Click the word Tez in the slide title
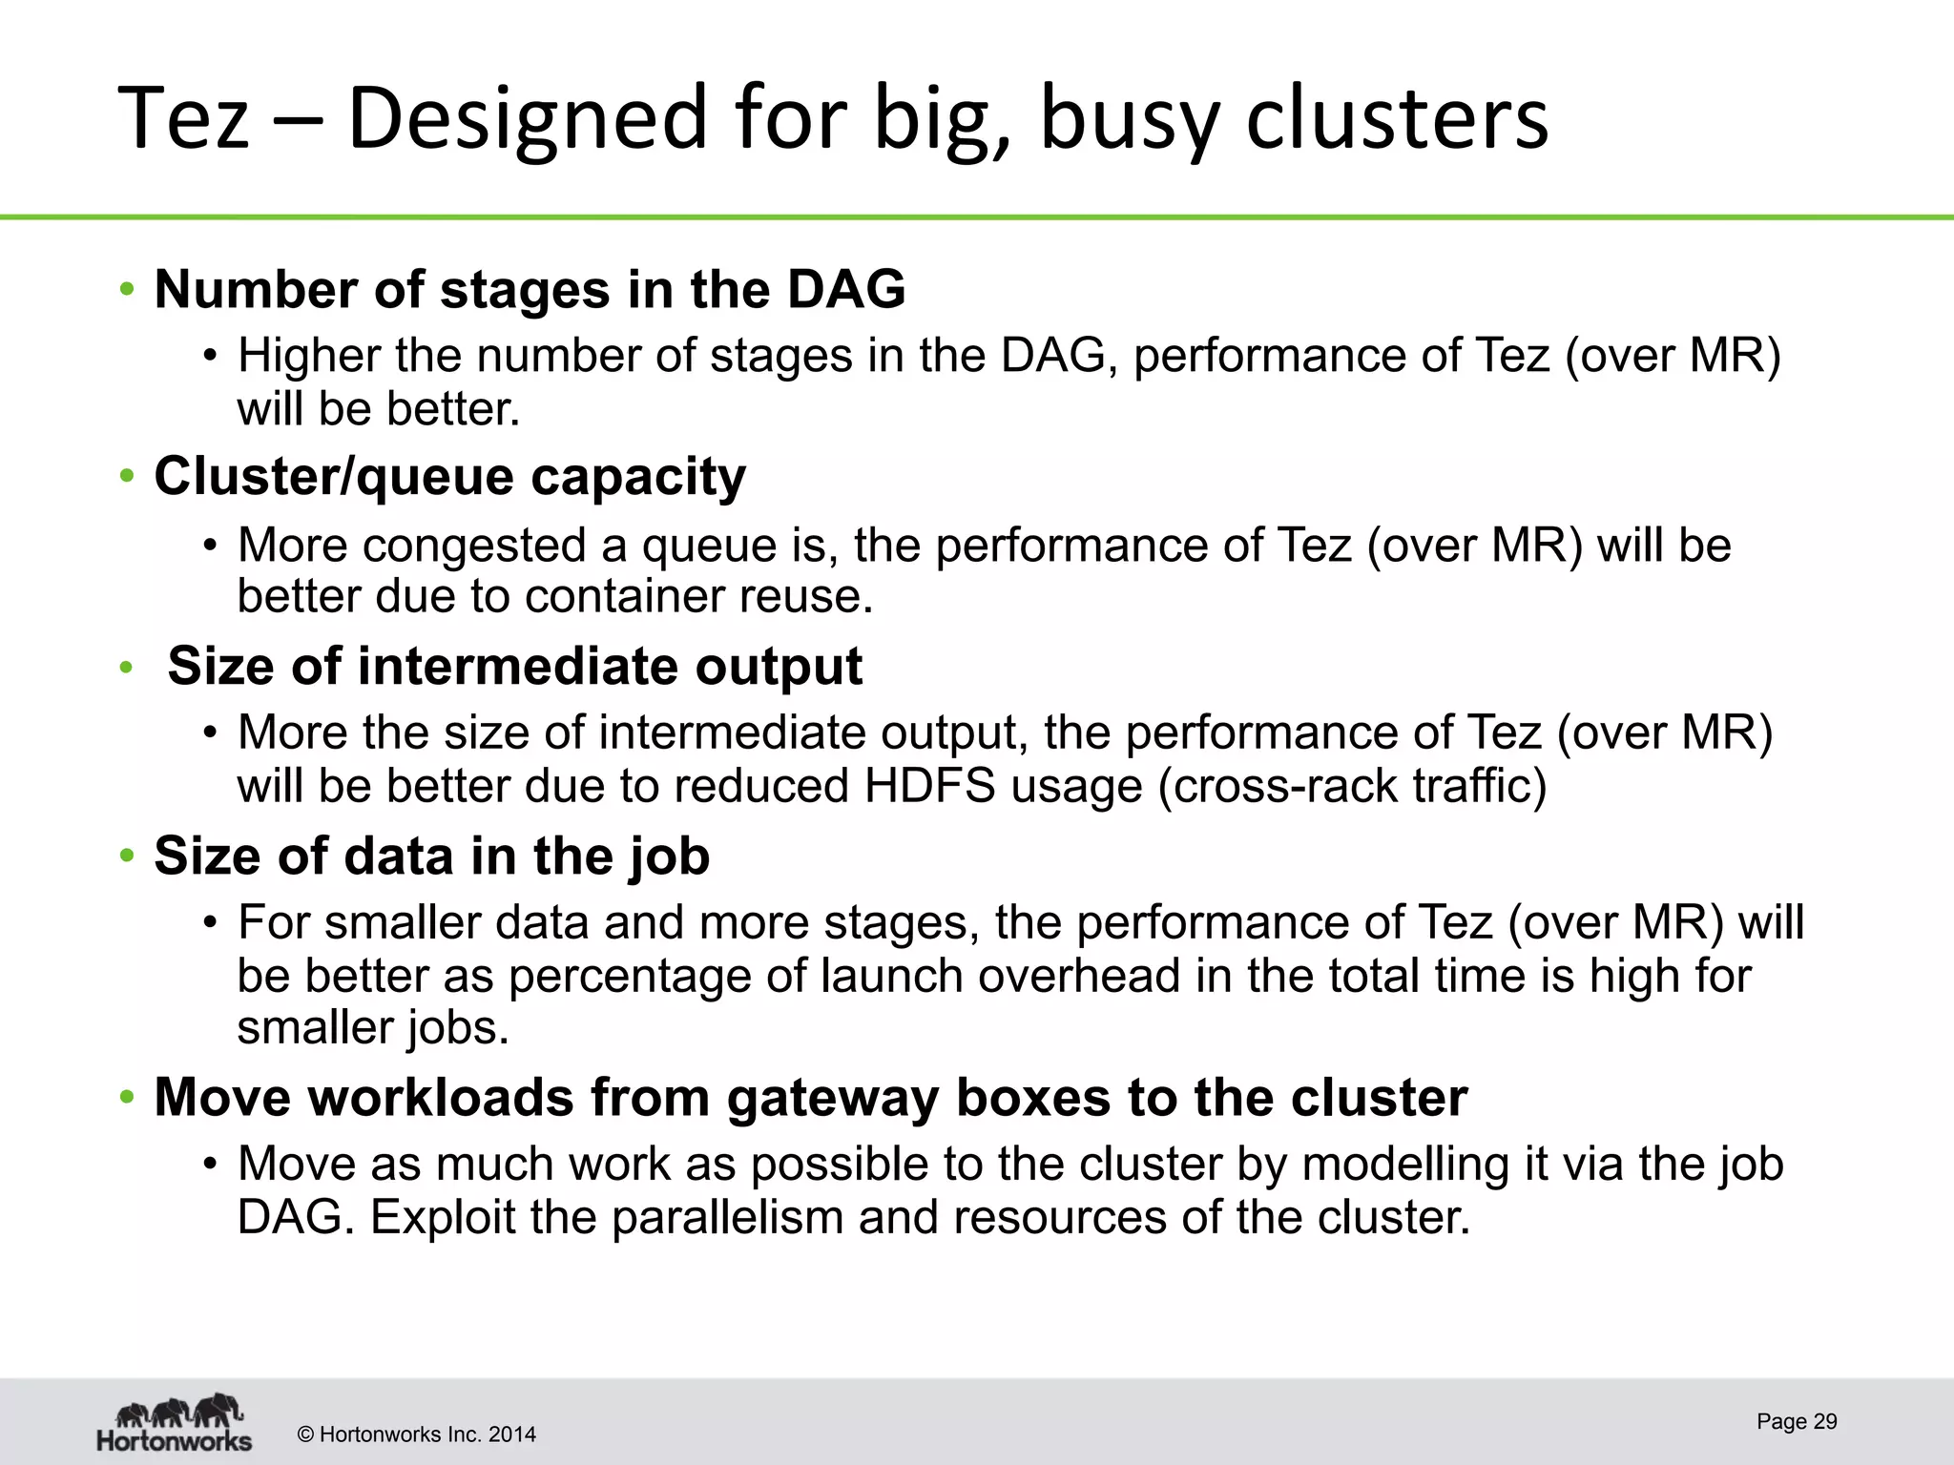point(183,118)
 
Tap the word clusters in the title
point(1397,118)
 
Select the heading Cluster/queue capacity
point(449,477)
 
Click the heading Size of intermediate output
point(514,666)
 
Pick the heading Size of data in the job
point(431,856)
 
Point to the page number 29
point(1797,1422)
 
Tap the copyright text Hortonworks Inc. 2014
point(417,1434)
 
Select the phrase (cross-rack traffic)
point(1352,787)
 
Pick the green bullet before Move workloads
point(127,1098)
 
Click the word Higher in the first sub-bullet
point(308,356)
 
